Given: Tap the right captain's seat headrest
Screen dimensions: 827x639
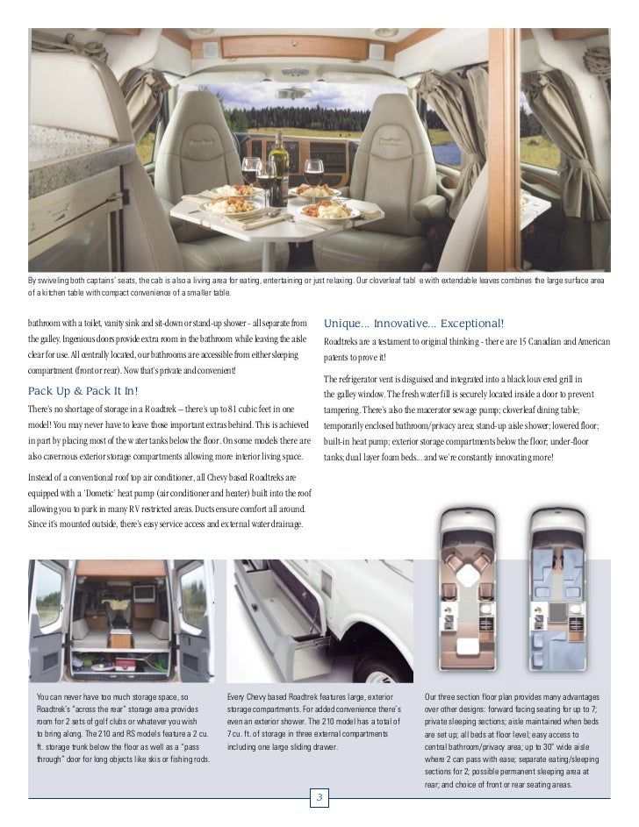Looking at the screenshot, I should [x=397, y=129].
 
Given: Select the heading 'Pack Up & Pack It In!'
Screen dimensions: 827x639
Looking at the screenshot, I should [x=83, y=390].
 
